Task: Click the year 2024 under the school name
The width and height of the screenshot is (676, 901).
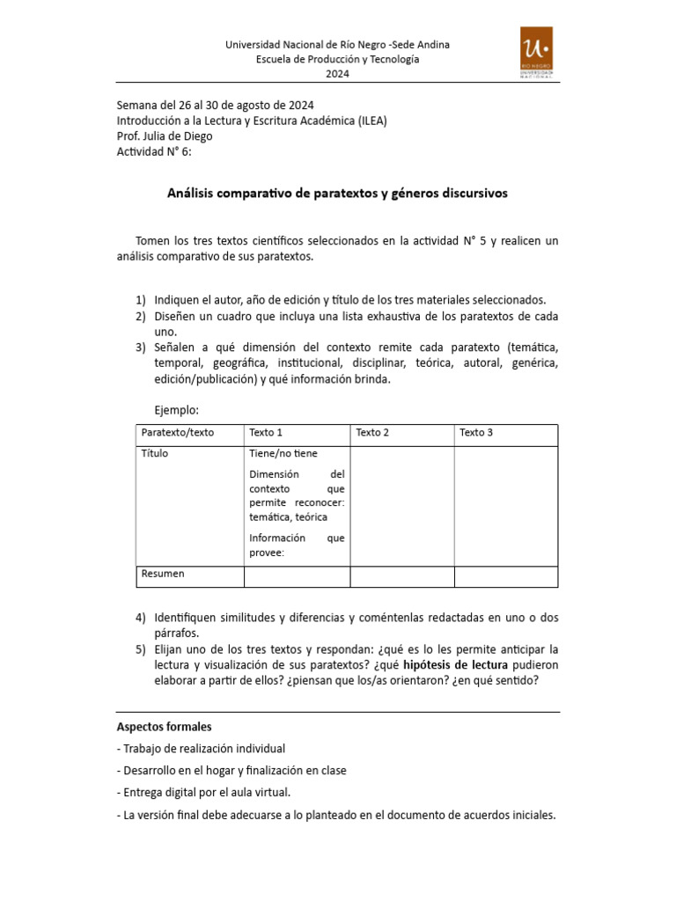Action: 338,74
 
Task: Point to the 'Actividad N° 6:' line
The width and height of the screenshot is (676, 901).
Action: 153,151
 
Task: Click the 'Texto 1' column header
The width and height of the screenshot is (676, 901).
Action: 266,433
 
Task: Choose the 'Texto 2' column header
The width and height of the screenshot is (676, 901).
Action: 372,433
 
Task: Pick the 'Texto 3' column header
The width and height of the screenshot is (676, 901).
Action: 476,433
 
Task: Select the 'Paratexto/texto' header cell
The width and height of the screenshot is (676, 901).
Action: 178,433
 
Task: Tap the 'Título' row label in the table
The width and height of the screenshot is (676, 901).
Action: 155,454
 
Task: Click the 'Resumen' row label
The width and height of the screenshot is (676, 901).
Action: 163,574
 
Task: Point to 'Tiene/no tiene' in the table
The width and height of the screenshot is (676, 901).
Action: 283,454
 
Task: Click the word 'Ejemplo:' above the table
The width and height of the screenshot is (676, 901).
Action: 177,410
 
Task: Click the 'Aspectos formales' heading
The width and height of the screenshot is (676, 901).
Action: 164,727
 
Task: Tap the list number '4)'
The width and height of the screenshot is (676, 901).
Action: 141,617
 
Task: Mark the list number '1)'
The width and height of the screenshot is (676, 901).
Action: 141,299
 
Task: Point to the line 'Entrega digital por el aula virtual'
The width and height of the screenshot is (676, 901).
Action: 203,793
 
